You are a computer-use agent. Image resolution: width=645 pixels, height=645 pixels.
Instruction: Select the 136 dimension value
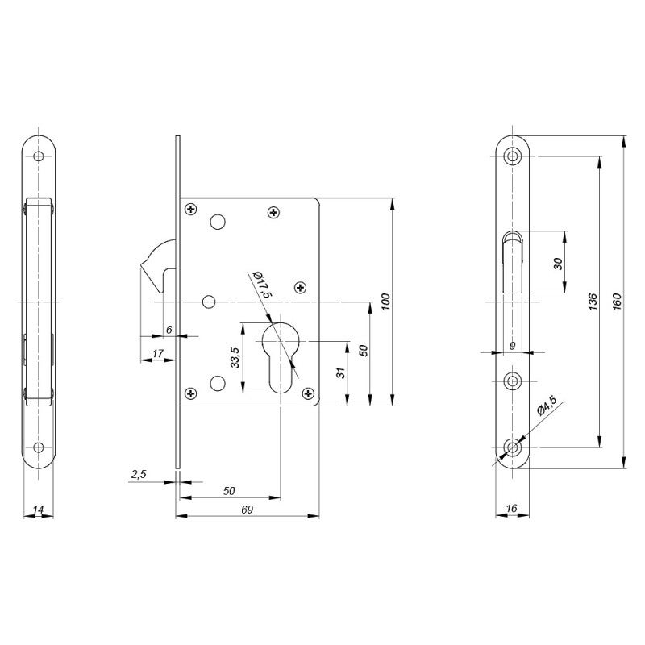coord(593,301)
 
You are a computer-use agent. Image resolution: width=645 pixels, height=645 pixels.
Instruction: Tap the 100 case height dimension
coord(386,302)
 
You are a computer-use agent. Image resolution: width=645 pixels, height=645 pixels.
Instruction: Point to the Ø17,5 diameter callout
coord(260,285)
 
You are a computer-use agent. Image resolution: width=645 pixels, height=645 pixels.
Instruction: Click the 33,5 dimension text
coord(234,356)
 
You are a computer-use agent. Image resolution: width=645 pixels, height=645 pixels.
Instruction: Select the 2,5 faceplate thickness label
coord(138,475)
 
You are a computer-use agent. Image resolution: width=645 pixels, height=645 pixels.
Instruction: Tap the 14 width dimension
coord(38,510)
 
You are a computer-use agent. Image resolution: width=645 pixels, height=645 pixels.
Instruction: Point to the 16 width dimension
coord(513,510)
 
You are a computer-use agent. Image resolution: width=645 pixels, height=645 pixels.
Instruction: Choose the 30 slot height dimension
coord(558,263)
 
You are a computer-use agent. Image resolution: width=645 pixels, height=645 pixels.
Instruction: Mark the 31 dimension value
coord(341,373)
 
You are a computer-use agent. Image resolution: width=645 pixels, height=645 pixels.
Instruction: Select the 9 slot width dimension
coord(512,345)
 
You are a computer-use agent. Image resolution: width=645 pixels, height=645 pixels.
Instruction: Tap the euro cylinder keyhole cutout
coord(281,355)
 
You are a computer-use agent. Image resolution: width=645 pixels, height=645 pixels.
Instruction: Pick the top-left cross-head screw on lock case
coord(191,210)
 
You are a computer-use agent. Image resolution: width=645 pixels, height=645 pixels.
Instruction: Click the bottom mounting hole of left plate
coord(38,446)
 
